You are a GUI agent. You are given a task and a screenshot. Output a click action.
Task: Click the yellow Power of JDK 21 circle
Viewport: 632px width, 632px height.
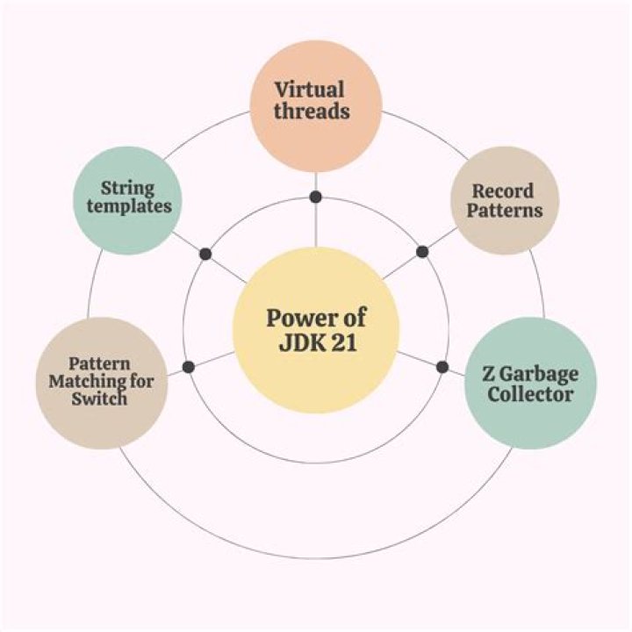coord(316,330)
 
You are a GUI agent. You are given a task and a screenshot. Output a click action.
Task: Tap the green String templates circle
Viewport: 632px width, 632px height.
coord(127,199)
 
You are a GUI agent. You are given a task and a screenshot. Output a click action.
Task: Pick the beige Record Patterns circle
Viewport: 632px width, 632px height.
coord(504,200)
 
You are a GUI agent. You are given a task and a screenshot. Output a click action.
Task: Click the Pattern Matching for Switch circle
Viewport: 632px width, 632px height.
coord(100,383)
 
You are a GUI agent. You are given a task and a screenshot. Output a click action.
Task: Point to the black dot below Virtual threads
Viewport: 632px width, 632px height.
coord(315,196)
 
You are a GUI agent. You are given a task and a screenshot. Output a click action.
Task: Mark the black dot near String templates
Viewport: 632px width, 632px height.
coord(205,254)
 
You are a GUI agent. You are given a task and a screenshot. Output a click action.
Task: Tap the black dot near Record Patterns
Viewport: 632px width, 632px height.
coord(422,252)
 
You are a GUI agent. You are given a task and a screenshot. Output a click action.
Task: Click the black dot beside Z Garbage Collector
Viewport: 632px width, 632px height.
coord(442,366)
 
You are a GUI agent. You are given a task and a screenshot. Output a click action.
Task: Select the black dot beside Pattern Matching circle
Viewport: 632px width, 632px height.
coord(187,366)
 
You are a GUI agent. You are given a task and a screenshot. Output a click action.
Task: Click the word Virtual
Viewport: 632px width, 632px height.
coord(309,90)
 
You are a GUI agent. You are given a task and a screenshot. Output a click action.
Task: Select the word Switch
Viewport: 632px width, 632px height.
coord(100,399)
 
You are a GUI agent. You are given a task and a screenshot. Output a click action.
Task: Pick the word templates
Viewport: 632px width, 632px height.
coord(127,207)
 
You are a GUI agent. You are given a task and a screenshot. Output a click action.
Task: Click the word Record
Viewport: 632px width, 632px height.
coord(503,190)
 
